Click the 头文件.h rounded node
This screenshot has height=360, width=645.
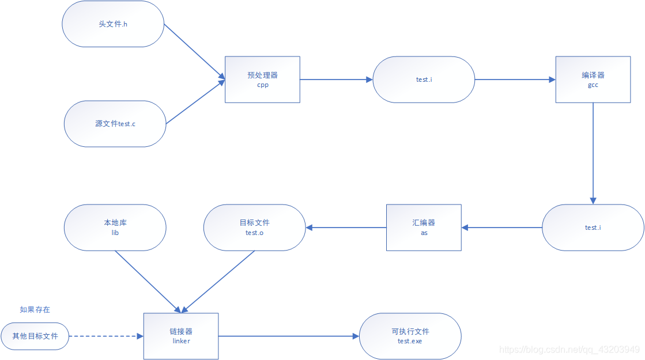click(x=113, y=24)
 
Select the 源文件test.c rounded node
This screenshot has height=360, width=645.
click(x=115, y=124)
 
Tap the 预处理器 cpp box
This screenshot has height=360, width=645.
click(x=262, y=79)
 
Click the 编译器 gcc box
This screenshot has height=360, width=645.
click(x=593, y=79)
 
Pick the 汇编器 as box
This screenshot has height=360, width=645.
click(x=424, y=228)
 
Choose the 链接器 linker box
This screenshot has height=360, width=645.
click(x=181, y=336)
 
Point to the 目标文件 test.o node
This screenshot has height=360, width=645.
click(x=254, y=228)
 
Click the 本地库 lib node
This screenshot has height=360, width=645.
click(x=115, y=228)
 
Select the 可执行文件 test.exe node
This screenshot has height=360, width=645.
click(x=410, y=336)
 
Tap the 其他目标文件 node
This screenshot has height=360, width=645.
click(x=35, y=336)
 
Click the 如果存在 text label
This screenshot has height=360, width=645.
click(x=35, y=310)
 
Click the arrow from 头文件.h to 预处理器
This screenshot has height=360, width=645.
click(x=194, y=51)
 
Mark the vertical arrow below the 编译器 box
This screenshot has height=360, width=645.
click(x=593, y=153)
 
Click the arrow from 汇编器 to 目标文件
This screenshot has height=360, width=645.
click(x=346, y=228)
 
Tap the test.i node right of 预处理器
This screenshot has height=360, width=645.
click(x=424, y=79)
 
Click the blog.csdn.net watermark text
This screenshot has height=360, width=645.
click(x=569, y=350)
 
